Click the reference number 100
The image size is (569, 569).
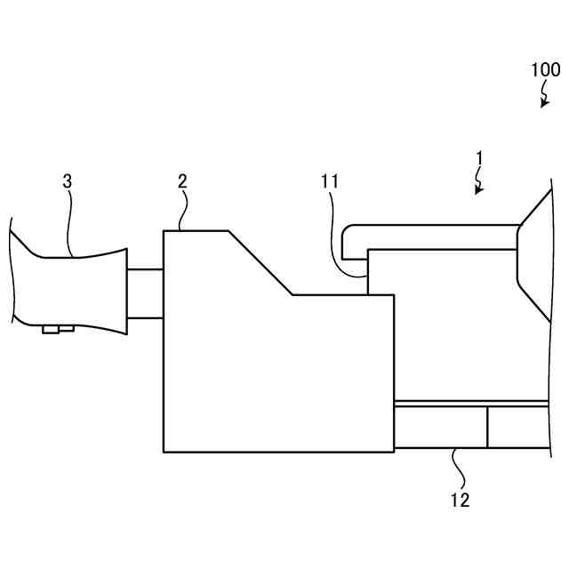(x=545, y=69)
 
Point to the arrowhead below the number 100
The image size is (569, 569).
(x=543, y=105)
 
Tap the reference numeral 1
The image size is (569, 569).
(x=478, y=158)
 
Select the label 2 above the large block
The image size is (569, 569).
(x=182, y=180)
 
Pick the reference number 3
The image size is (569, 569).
(x=68, y=180)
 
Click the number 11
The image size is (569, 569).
(x=330, y=181)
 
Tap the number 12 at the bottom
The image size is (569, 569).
(x=460, y=500)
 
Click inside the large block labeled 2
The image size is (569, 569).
(x=267, y=373)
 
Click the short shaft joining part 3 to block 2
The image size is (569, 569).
(x=145, y=293)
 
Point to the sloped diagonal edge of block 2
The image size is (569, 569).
(x=260, y=263)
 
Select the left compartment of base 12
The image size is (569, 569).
(x=440, y=427)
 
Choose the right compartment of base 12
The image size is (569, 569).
(x=517, y=427)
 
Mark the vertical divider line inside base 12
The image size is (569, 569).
(x=487, y=427)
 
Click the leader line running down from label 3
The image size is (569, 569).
(x=69, y=222)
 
